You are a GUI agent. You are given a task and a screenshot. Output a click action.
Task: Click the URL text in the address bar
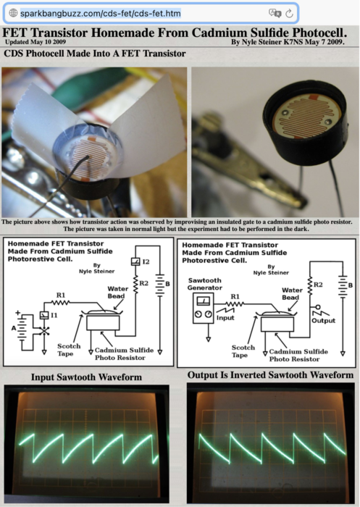pos(100,13)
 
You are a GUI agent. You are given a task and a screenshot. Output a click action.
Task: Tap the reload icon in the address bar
pos(289,13)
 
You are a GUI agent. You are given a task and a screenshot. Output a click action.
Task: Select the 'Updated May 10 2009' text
pos(35,42)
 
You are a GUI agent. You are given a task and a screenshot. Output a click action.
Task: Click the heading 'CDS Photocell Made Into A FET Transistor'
pos(95,54)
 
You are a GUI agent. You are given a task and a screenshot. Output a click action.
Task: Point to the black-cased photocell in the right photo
pos(306,123)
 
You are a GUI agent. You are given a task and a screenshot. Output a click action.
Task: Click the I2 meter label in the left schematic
pos(146,261)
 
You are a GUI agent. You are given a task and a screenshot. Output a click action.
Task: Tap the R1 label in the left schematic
pos(61,295)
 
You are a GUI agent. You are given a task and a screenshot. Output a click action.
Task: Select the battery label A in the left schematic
pos(13,328)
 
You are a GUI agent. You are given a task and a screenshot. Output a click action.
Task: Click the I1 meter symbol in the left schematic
pos(44,315)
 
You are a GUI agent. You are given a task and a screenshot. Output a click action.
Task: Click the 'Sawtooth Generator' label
pos(204,284)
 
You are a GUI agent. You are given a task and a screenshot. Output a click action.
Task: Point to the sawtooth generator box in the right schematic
pos(203,308)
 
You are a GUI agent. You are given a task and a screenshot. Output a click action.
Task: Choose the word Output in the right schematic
pos(323,320)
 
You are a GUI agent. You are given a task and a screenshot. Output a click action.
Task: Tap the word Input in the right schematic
pos(225,318)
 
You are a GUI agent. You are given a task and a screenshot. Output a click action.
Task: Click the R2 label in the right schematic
pos(318,285)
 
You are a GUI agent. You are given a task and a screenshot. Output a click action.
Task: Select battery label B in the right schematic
pos(351,285)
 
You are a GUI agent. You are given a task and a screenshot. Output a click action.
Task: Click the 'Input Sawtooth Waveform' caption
pos(86,377)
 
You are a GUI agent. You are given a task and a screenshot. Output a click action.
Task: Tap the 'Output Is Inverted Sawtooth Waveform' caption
pos(270,375)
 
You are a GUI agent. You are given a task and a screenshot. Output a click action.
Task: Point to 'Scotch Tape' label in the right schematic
pos(243,351)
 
